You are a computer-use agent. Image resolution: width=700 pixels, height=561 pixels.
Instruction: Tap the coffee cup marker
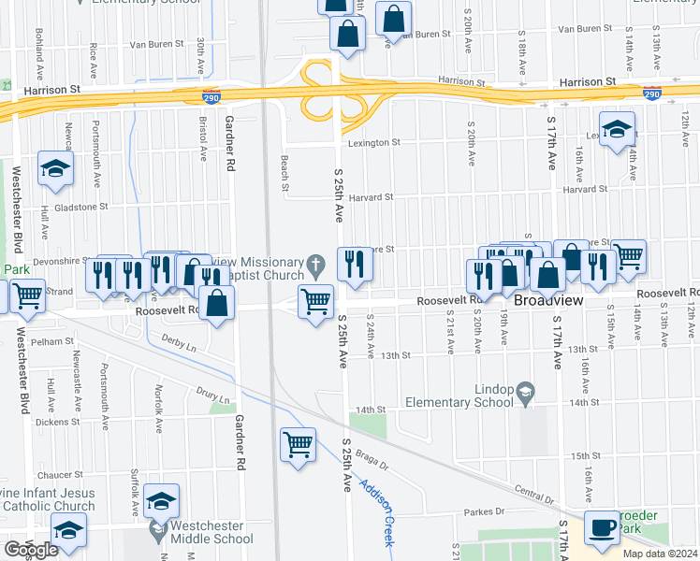click(x=601, y=528)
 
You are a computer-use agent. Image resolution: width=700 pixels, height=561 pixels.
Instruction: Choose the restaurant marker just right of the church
click(x=354, y=265)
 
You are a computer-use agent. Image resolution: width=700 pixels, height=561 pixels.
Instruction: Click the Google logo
click(x=31, y=550)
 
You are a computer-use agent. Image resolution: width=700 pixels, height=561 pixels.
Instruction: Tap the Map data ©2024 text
click(x=660, y=554)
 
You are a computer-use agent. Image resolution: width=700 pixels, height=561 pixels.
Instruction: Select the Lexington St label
click(x=374, y=143)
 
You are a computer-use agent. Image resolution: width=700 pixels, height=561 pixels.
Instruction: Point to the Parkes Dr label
click(x=486, y=511)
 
